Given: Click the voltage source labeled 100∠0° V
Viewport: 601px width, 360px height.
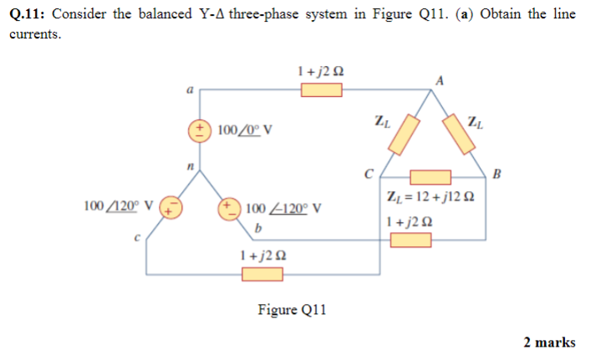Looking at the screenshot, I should click(x=200, y=130).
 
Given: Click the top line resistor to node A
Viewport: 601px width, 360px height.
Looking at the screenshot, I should click(x=323, y=89).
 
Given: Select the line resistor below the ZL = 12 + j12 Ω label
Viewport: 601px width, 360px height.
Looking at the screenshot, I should click(x=410, y=240).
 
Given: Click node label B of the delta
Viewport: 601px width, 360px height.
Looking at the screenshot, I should click(x=498, y=175).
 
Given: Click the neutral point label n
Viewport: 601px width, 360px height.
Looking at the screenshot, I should click(x=191, y=170).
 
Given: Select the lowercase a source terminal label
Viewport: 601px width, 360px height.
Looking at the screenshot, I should click(x=190, y=89).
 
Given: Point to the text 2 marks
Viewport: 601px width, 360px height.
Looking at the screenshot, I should click(x=549, y=342).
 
